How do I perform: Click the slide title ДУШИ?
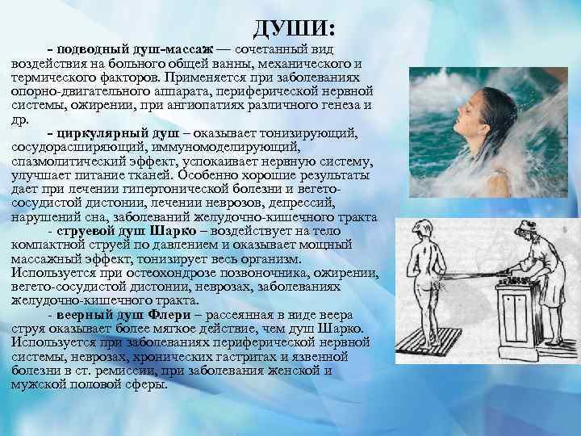click(293, 29)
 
